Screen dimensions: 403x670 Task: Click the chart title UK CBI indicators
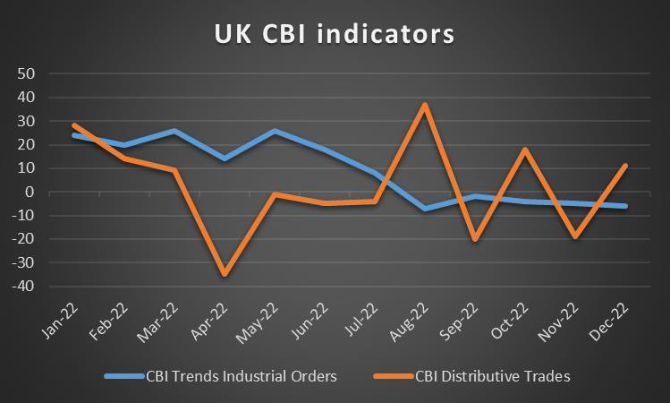(x=334, y=34)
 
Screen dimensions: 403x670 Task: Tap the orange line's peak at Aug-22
(x=425, y=105)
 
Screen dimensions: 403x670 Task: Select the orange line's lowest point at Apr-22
(x=224, y=274)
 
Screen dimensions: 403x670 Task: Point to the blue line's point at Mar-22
(x=174, y=131)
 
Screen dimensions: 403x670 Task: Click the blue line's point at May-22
(x=274, y=131)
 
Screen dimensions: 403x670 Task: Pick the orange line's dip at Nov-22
(x=575, y=236)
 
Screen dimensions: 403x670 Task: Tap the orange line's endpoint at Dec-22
(x=625, y=166)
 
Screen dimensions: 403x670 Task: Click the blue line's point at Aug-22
(x=425, y=209)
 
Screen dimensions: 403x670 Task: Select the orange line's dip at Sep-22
(x=475, y=239)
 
